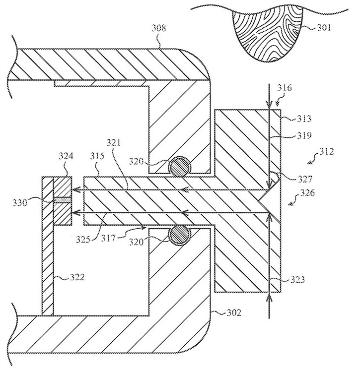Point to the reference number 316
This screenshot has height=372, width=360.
[x=287, y=88]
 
